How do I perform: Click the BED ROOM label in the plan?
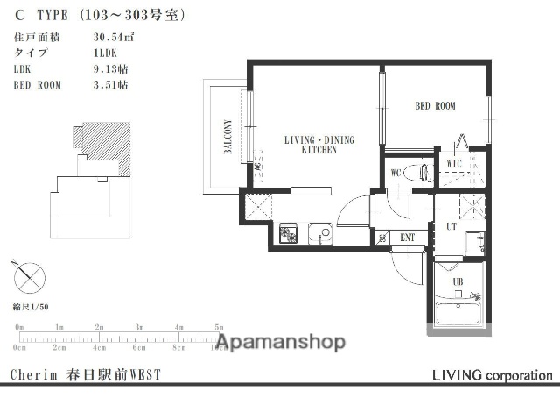click(x=435, y=106)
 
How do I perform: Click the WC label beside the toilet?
click(x=395, y=172)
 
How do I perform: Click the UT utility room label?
click(x=451, y=226)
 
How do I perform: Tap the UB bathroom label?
click(x=457, y=281)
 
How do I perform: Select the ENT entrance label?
click(x=408, y=237)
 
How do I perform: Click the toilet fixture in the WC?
click(x=421, y=173)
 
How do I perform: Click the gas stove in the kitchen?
click(x=289, y=233)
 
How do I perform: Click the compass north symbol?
click(x=29, y=279)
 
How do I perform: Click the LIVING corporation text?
click(x=492, y=375)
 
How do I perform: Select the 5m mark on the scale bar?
click(x=219, y=327)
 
